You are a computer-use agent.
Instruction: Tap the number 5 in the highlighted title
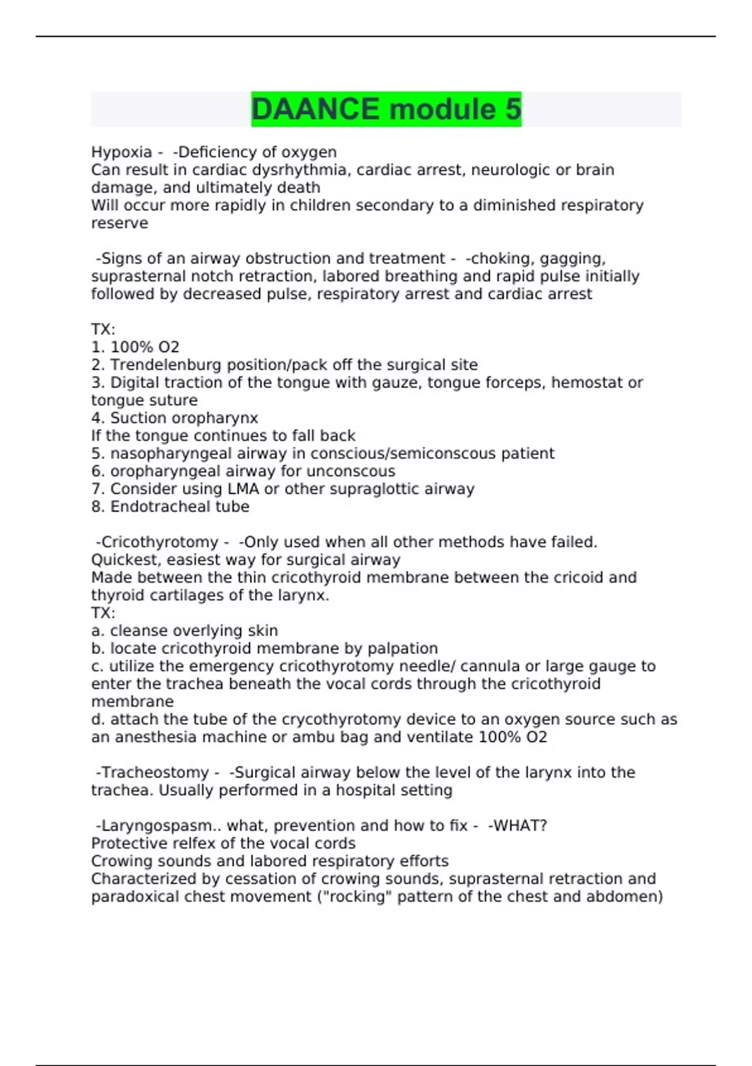[513, 109]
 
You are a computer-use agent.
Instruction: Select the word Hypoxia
[122, 152]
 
